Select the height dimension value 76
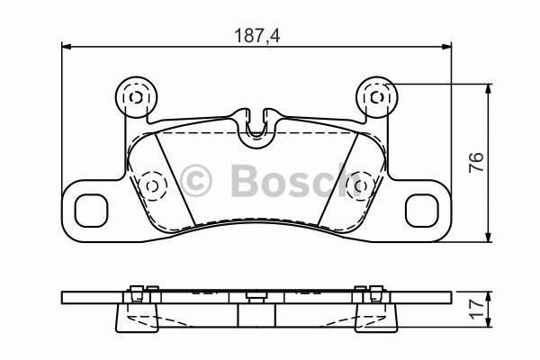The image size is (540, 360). click(x=477, y=163)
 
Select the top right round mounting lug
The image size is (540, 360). click(x=376, y=94)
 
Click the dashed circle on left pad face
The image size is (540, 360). click(x=151, y=185)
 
